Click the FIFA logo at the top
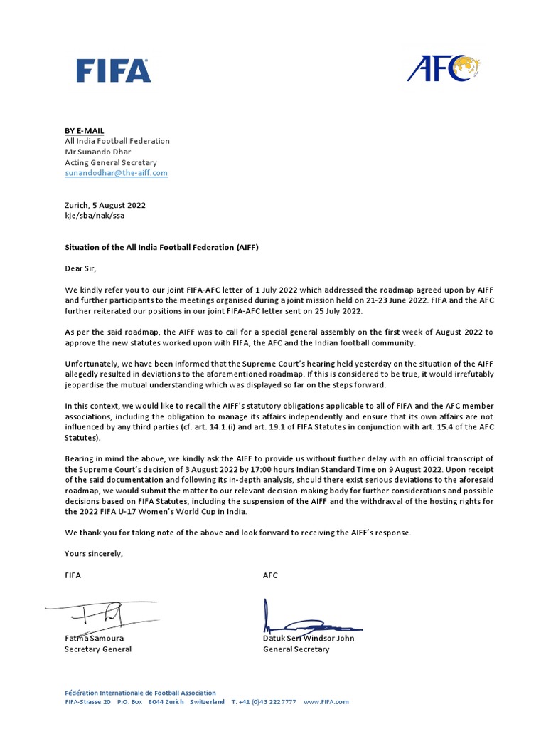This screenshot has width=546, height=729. (113, 70)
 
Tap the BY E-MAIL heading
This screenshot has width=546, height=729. (84, 130)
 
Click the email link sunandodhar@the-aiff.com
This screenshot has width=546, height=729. (116, 173)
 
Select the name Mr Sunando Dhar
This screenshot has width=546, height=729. (97, 152)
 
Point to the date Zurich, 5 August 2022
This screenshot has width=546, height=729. (105, 205)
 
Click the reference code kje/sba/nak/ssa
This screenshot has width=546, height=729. (95, 215)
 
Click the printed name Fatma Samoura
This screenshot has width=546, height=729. (94, 639)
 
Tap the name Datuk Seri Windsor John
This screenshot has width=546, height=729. (309, 639)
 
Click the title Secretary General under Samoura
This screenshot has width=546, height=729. (97, 649)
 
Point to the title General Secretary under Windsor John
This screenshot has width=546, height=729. (296, 649)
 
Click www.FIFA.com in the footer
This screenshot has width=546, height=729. (326, 702)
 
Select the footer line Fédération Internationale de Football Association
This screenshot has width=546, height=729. (140, 693)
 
